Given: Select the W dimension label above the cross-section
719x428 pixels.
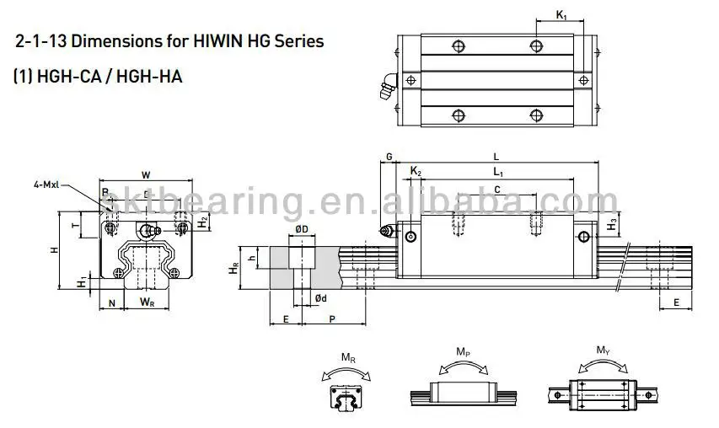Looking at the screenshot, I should (146, 174).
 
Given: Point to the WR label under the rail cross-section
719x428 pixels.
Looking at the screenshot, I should (147, 301).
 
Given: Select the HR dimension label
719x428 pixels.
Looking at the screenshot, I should (235, 270).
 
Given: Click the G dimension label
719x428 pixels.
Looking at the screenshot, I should (389, 157).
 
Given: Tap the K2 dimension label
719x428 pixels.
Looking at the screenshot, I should (415, 171).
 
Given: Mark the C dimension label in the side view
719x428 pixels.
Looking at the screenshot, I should (497, 190).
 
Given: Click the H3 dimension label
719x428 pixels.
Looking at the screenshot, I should (613, 225).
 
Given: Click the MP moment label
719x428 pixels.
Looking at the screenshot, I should (463, 350).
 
